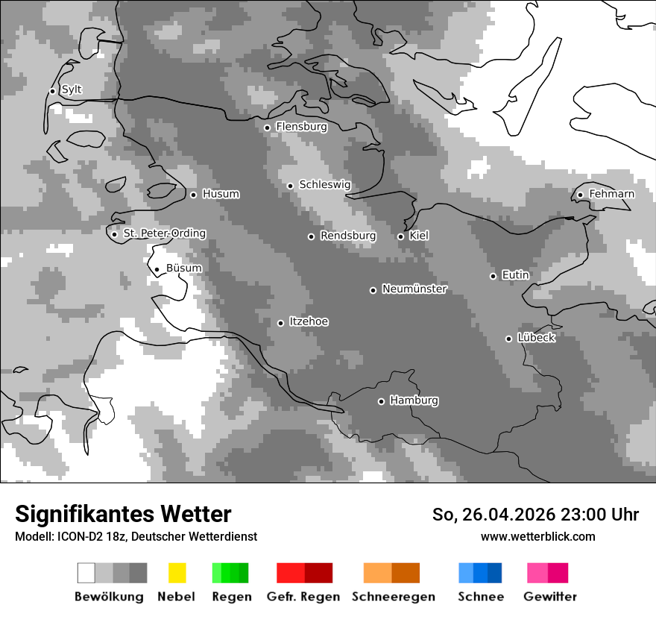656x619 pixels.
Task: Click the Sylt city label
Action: (x=72, y=90)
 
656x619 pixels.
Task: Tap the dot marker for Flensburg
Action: (x=267, y=128)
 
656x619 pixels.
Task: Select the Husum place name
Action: (x=221, y=194)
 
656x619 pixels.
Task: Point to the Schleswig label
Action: (x=324, y=185)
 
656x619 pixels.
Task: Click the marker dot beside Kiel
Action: (x=400, y=236)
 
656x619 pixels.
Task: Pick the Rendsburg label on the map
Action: (x=347, y=236)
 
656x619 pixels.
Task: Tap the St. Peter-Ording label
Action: (x=164, y=233)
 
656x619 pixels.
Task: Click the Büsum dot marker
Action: (x=157, y=270)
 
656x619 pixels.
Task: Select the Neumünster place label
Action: (x=414, y=289)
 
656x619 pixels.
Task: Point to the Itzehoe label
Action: (x=309, y=321)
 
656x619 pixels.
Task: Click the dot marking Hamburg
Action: (x=381, y=401)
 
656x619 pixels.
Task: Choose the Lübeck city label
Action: (x=536, y=338)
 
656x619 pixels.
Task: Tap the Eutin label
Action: (x=515, y=275)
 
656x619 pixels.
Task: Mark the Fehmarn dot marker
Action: (x=580, y=195)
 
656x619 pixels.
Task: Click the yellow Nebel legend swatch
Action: (x=177, y=573)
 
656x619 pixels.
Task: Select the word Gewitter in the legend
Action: (x=550, y=597)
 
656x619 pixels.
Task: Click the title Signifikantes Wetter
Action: (x=123, y=514)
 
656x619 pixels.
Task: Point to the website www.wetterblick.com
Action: (x=537, y=536)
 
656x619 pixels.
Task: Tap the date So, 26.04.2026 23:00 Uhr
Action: (x=535, y=515)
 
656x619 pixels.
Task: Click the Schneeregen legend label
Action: (x=393, y=597)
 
